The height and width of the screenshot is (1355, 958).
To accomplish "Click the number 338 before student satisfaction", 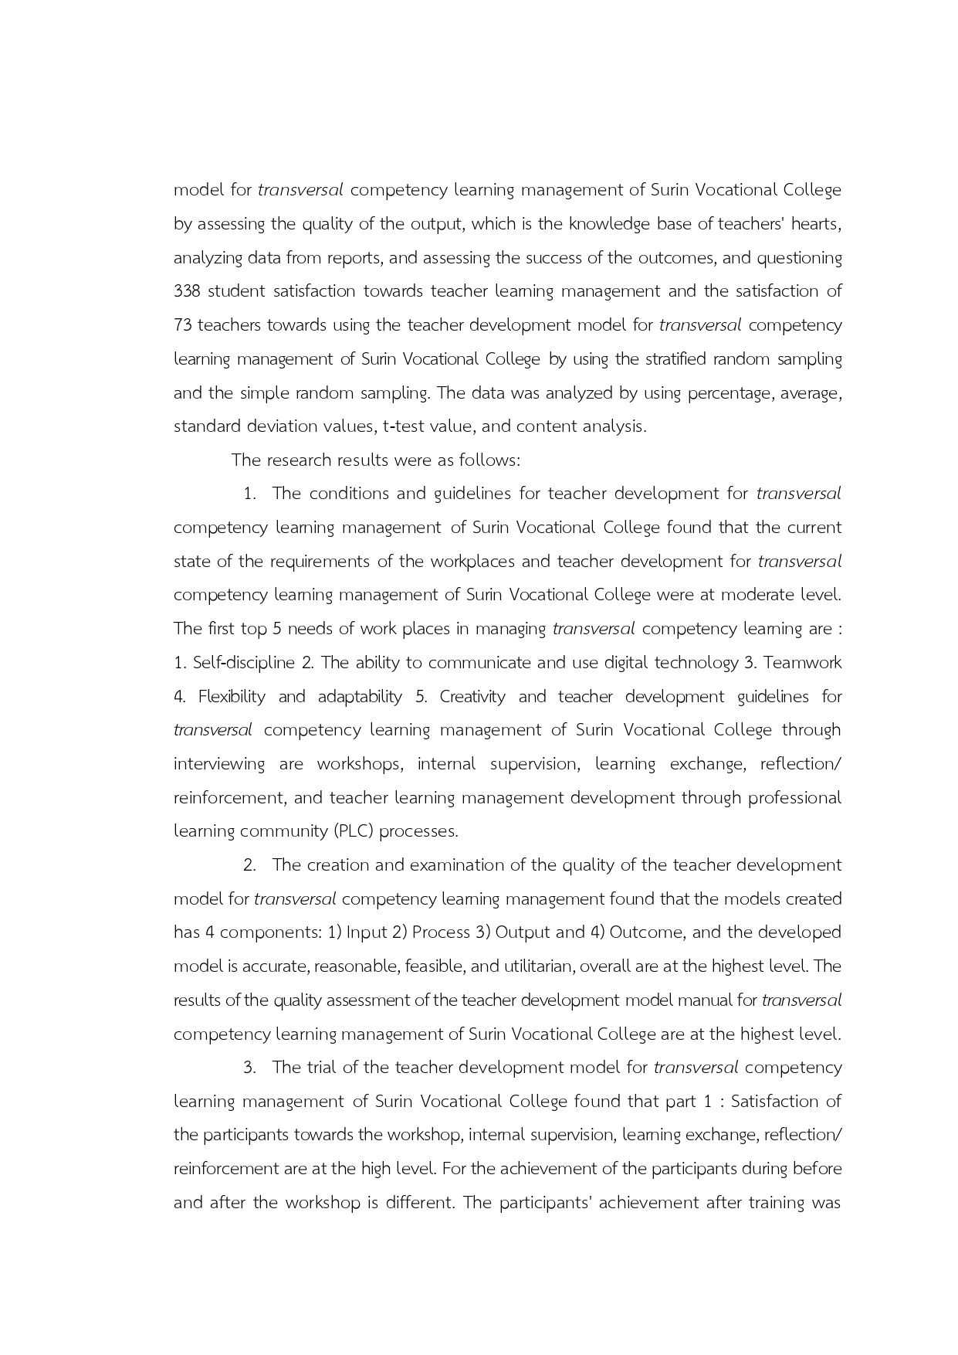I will pyautogui.click(x=187, y=291).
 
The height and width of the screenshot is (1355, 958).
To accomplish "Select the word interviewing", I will pyautogui.click(x=218, y=764).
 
